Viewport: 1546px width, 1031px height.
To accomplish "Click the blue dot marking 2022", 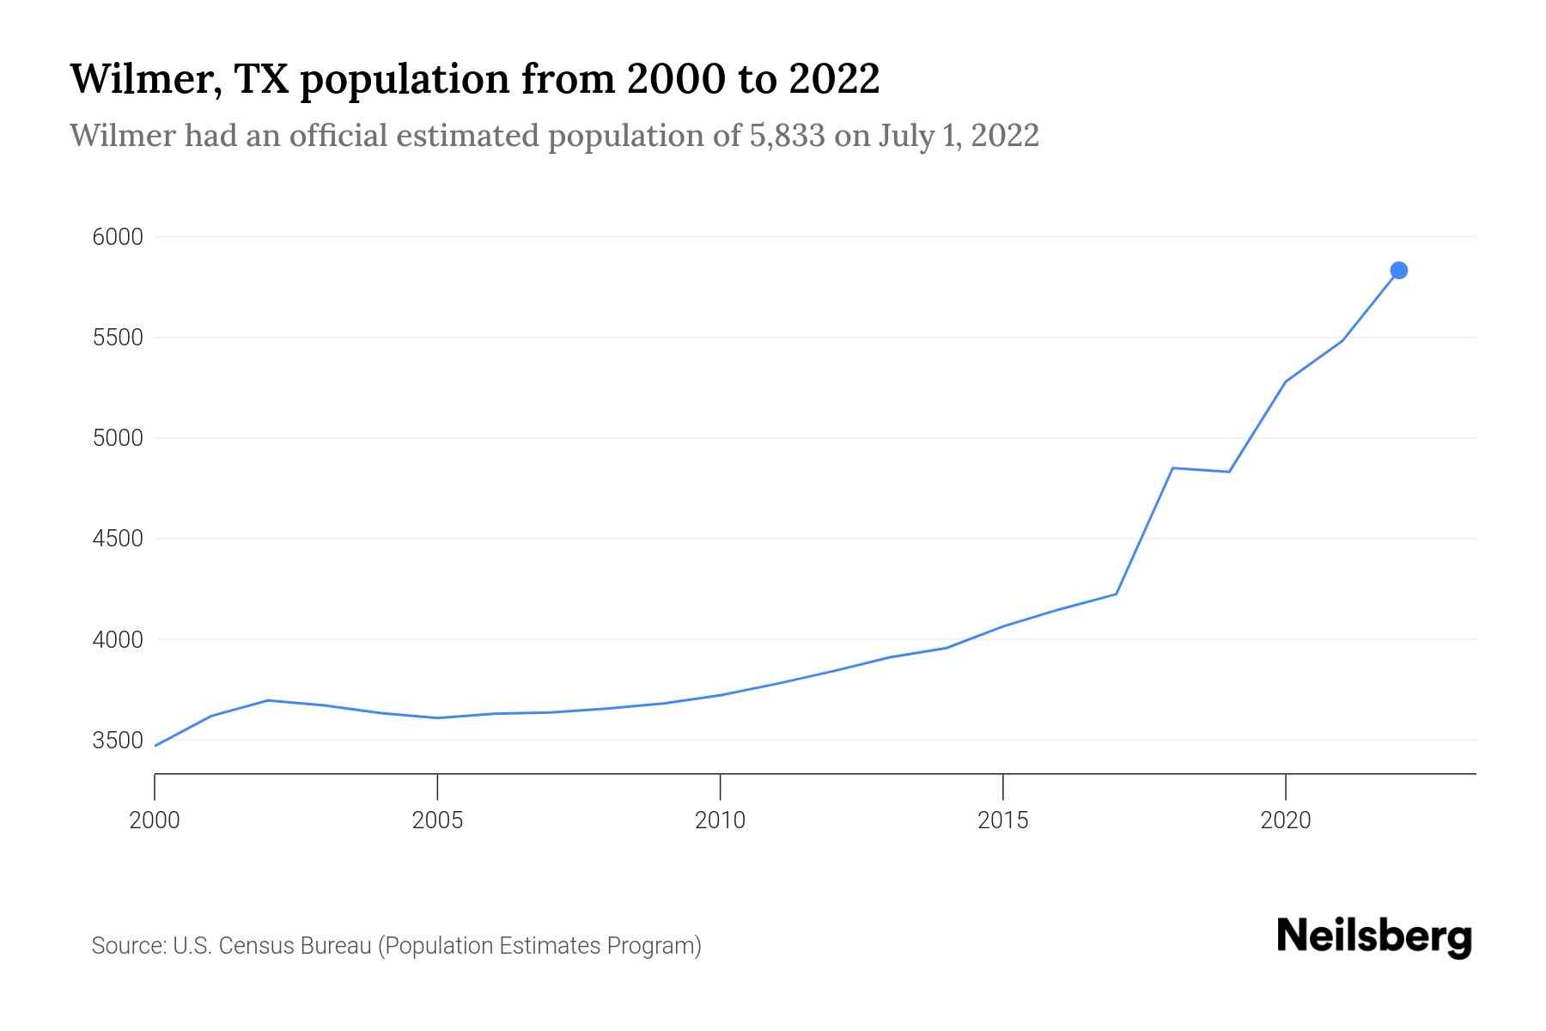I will pyautogui.click(x=1398, y=271).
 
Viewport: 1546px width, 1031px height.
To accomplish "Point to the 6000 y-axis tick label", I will pyautogui.click(x=118, y=237).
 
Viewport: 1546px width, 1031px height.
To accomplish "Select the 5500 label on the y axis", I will pyautogui.click(x=118, y=338).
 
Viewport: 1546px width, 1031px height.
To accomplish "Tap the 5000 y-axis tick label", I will pyautogui.click(x=118, y=438).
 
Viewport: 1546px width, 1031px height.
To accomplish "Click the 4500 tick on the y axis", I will pyautogui.click(x=118, y=539).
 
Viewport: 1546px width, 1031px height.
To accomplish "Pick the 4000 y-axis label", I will pyautogui.click(x=118, y=640).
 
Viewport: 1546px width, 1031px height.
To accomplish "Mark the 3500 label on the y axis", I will pyautogui.click(x=118, y=741).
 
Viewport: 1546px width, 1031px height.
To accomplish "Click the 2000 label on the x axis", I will pyautogui.click(x=155, y=821).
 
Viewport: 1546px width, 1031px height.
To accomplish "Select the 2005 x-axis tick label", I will pyautogui.click(x=437, y=821).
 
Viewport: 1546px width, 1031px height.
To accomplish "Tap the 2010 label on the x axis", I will pyautogui.click(x=720, y=821).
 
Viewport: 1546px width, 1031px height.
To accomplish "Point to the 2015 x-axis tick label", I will pyautogui.click(x=1002, y=821).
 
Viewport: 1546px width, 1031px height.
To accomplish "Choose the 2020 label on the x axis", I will pyautogui.click(x=1285, y=821).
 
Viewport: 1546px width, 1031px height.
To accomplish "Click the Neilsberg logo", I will pyautogui.click(x=1374, y=936).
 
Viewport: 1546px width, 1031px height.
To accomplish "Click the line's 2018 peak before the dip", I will pyautogui.click(x=1172, y=468).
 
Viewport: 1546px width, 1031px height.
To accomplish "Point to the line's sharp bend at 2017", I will pyautogui.click(x=1116, y=594).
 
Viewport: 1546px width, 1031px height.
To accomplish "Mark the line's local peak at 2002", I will pyautogui.click(x=268, y=700).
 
